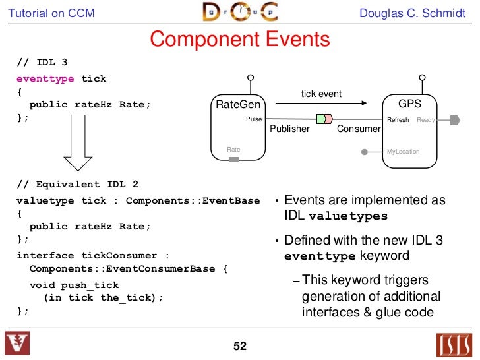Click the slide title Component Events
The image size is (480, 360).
239,40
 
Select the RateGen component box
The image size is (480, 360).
238,129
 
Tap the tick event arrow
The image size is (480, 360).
321,103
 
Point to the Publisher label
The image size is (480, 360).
289,129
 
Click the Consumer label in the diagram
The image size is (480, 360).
359,129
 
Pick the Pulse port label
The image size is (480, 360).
253,119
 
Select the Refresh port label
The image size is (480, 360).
398,120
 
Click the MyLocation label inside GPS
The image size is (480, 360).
403,152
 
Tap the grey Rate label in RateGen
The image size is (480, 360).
233,150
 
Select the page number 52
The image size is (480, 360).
239,345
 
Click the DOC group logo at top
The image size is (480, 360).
239,13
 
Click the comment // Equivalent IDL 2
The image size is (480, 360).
77,185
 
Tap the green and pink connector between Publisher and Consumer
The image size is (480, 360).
323,119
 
